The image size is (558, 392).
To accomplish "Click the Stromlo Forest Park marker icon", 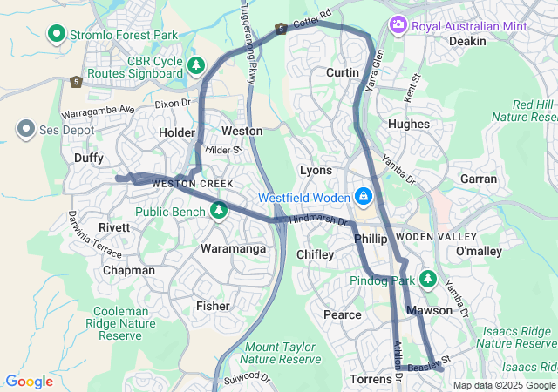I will click(58, 34).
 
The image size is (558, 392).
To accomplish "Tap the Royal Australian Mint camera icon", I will click(398, 25).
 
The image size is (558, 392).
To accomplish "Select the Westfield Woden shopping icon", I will click(362, 196).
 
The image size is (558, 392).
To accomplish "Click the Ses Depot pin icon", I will click(24, 130).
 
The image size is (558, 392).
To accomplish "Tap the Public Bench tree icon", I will click(218, 210).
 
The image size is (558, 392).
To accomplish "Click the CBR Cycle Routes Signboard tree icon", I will click(197, 65).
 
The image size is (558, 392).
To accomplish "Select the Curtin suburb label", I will click(343, 72).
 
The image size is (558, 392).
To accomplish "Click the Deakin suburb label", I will click(467, 41).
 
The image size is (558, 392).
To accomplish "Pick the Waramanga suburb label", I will click(234, 249).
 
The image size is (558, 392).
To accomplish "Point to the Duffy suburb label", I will click(88, 158).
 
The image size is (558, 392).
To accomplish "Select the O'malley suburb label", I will click(473, 251).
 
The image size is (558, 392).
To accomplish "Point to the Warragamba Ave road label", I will click(99, 112).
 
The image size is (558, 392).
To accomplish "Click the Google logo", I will click(29, 381).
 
